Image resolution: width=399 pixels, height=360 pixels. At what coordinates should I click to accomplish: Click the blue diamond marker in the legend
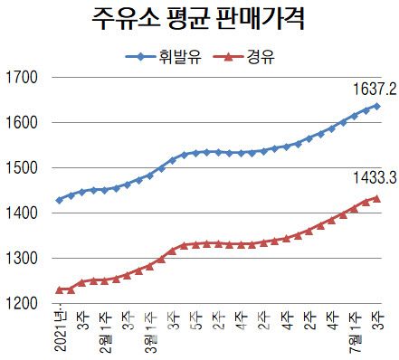point(145,56)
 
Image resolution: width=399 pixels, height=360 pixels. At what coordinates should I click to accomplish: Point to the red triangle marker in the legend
point(227,56)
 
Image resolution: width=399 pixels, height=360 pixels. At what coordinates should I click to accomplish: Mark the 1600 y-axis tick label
point(22,122)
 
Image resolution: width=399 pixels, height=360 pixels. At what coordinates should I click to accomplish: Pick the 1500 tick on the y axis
point(22,167)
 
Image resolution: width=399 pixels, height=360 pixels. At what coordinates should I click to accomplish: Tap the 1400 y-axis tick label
point(22,213)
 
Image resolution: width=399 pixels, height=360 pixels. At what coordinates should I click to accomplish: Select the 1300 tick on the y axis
point(22,259)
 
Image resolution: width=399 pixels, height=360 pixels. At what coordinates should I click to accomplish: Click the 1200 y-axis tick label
point(22,304)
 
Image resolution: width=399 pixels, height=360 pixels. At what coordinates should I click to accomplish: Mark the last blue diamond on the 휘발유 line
point(376,106)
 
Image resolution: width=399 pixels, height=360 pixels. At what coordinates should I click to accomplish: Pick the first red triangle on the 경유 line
point(60,289)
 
